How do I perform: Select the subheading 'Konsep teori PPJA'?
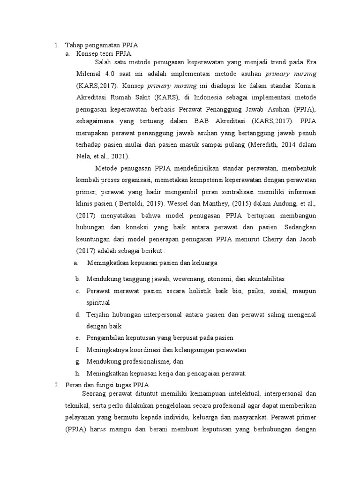(x=101, y=54)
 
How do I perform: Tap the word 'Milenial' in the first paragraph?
(x=88, y=74)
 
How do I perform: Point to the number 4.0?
(x=110, y=74)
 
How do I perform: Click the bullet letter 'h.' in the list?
(x=77, y=374)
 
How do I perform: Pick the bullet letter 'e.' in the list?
(x=77, y=338)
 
